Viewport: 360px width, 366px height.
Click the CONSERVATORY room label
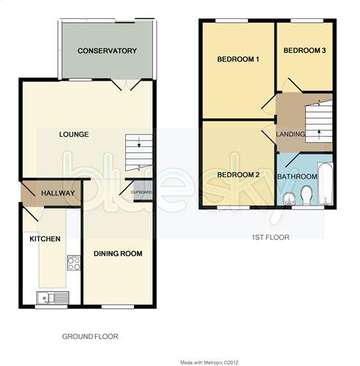pos(108,51)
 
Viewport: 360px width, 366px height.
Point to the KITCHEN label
pos(44,239)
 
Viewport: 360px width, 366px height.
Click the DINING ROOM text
pos(117,253)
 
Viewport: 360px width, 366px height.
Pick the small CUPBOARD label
pos(141,193)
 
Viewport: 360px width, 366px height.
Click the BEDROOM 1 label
pos(239,59)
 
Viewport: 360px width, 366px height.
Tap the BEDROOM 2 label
pos(239,174)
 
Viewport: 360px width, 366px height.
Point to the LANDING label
pos(290,135)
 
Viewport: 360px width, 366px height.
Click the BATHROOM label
pos(296,176)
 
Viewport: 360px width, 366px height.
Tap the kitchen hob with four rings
pos(73,262)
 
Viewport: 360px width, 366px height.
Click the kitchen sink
pos(53,296)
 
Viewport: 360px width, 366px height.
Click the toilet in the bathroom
pos(306,194)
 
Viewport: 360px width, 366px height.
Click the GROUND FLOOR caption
pos(89,337)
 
